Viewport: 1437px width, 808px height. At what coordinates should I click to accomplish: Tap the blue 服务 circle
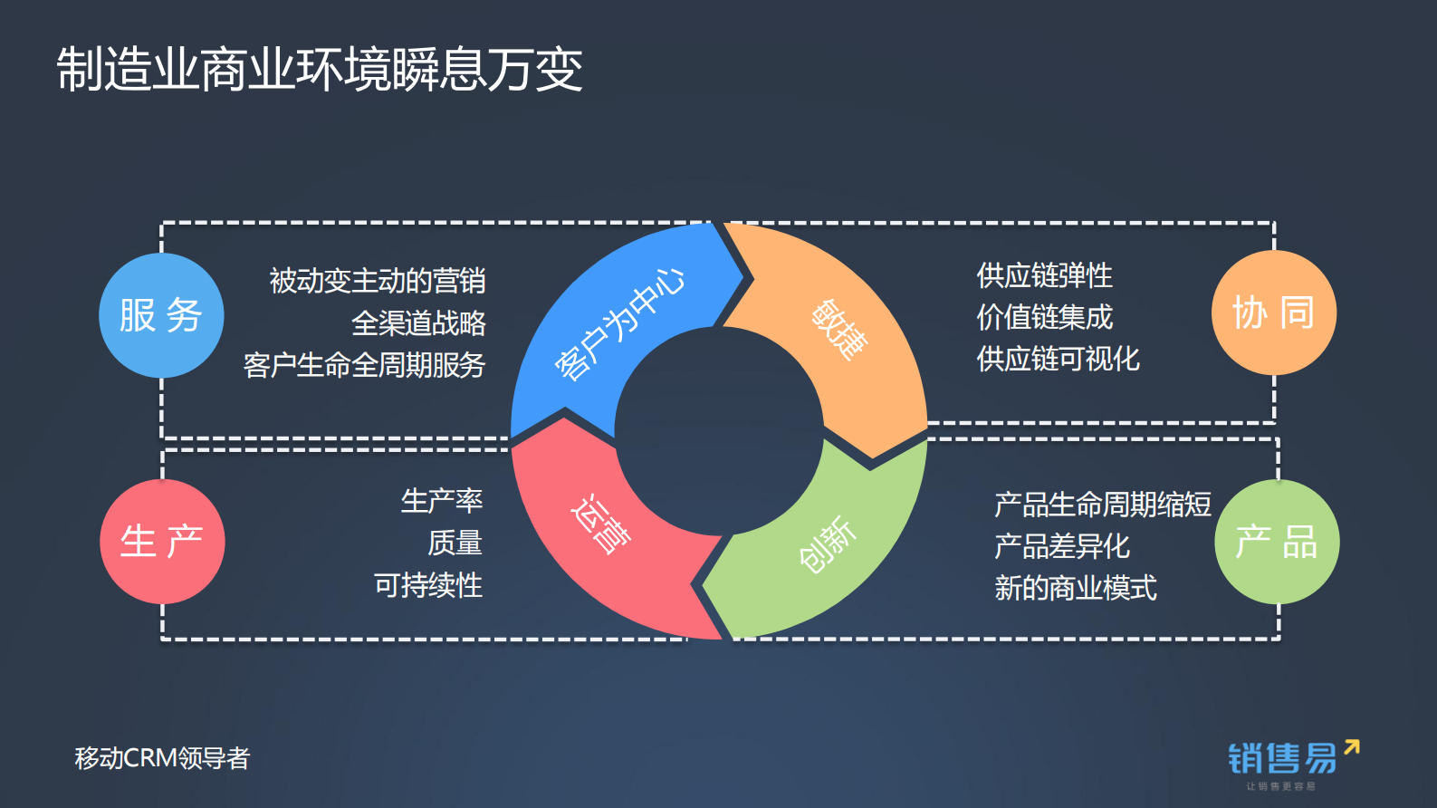161,315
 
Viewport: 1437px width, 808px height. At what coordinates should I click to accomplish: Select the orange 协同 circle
1274,313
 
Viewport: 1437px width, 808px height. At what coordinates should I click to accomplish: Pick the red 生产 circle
162,542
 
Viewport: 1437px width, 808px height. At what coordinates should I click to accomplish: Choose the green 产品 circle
1277,542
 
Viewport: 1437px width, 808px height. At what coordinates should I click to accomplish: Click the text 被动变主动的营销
378,281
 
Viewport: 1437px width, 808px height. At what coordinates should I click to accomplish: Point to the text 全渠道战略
418,322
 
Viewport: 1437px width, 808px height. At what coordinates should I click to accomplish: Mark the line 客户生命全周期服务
364,365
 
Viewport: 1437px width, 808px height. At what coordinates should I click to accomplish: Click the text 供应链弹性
1044,275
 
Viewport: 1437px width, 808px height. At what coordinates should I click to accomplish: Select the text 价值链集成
1044,317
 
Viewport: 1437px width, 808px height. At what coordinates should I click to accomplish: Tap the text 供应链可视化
1058,359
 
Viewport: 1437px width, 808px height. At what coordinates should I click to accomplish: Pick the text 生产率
442,500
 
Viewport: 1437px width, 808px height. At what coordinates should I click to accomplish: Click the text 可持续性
428,585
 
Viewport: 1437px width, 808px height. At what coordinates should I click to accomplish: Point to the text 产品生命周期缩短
1102,505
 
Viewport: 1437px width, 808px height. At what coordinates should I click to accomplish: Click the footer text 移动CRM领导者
162,758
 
